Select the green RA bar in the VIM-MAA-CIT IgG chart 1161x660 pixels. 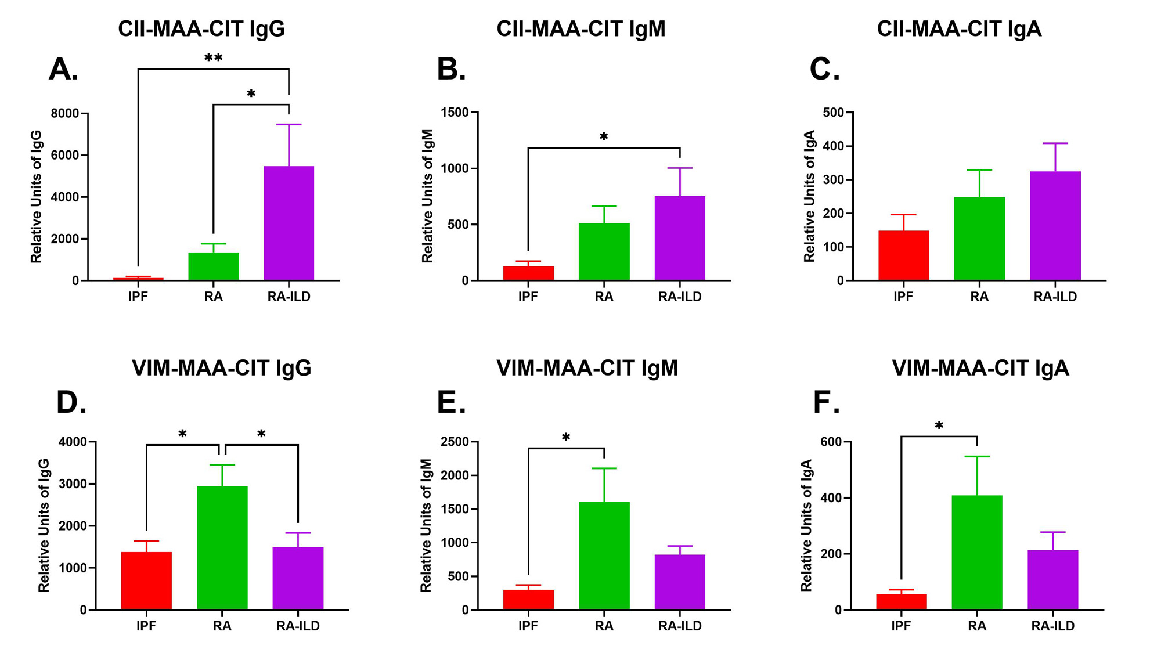tap(222, 548)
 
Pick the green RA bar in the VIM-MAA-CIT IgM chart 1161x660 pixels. tap(604, 556)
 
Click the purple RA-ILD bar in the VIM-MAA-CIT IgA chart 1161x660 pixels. tap(1052, 580)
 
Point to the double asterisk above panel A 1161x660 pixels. tap(213, 59)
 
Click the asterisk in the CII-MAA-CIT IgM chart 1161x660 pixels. tap(604, 138)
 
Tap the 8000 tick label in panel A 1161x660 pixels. tap(65, 113)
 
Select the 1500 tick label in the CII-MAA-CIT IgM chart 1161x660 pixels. tap(455, 112)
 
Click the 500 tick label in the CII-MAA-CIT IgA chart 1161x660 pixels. tap(833, 112)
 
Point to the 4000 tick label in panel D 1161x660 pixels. tap(73, 442)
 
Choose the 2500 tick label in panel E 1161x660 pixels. tap(455, 442)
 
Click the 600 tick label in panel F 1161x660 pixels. tap(831, 442)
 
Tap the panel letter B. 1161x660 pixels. tap(451, 70)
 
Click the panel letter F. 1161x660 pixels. tap(826, 402)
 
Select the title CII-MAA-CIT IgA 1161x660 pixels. tap(959, 29)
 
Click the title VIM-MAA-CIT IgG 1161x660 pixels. tap(222, 368)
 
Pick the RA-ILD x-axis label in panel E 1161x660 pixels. tap(680, 626)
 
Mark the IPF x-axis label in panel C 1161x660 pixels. tap(903, 297)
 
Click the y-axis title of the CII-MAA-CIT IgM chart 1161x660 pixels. tap(428, 196)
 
